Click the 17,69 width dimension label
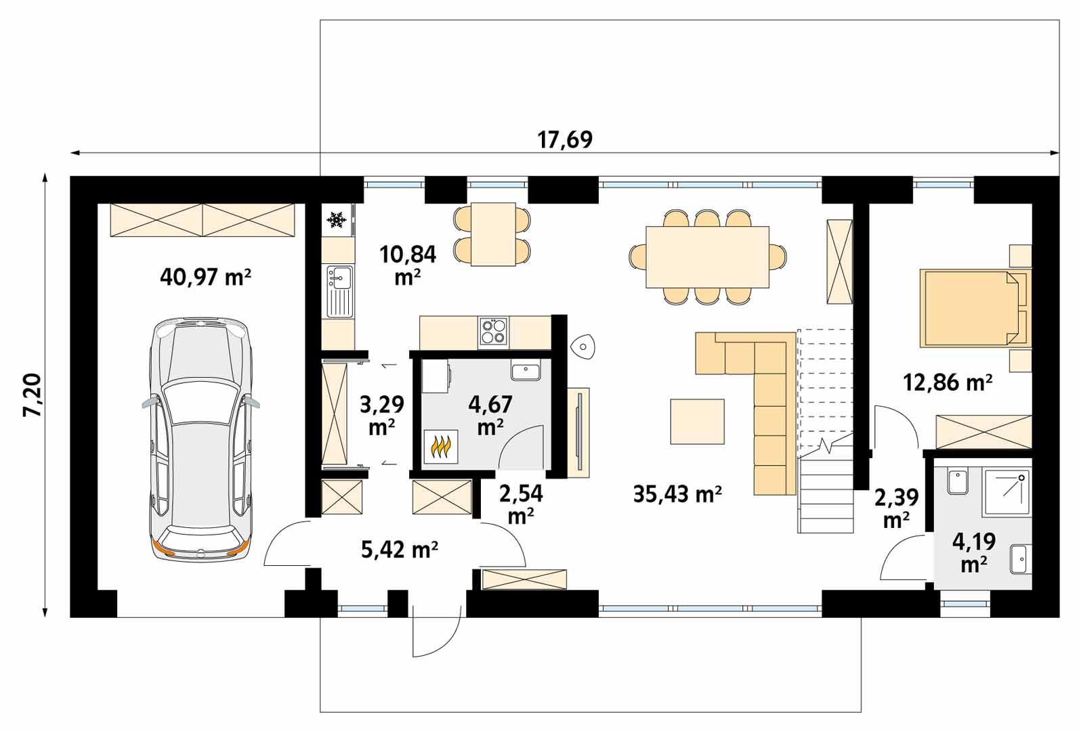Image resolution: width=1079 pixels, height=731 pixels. pyautogui.click(x=565, y=139)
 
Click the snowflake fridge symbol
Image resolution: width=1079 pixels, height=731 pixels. pyautogui.click(x=337, y=219)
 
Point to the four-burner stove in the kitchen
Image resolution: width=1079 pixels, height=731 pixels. pyautogui.click(x=493, y=332)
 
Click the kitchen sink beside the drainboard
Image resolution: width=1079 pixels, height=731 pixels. pyautogui.click(x=338, y=276)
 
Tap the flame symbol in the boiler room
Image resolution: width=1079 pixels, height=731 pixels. pyautogui.click(x=441, y=447)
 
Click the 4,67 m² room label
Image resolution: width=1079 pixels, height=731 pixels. pyautogui.click(x=490, y=415)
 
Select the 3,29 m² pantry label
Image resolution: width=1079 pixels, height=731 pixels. pyautogui.click(x=381, y=415)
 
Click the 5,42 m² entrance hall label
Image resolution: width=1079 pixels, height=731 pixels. pyautogui.click(x=399, y=550)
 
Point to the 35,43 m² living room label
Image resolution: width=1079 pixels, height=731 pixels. pyautogui.click(x=677, y=493)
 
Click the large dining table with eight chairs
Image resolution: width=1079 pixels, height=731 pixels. pyautogui.click(x=707, y=257)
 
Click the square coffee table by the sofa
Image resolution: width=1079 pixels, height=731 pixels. pyautogui.click(x=697, y=421)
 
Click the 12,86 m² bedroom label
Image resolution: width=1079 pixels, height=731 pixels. pyautogui.click(x=948, y=382)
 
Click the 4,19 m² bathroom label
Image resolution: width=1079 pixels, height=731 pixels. pyautogui.click(x=973, y=552)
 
